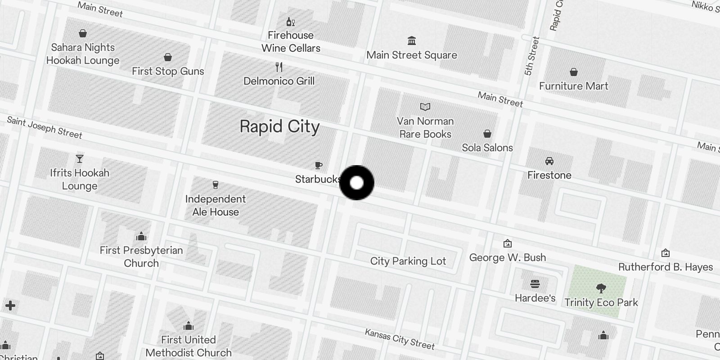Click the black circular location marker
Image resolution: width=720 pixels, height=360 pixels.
[x=356, y=183]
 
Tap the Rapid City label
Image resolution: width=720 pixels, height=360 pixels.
[x=279, y=127]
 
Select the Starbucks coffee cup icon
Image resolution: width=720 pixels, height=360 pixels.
[x=319, y=165]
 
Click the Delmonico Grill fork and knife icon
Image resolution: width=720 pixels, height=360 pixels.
[x=279, y=67]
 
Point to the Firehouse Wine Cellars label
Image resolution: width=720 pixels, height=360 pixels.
[x=291, y=42]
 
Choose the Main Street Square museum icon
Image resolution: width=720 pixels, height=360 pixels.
[x=411, y=41]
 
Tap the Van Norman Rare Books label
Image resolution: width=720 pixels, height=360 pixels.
[x=425, y=128]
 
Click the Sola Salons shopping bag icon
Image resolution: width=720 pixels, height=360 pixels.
[x=487, y=134]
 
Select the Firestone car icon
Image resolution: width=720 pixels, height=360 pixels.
[x=549, y=161]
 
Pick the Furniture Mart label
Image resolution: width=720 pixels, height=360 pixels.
[x=573, y=86]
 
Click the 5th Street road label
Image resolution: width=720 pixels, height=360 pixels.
[x=531, y=56]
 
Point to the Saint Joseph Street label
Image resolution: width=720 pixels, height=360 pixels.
[x=45, y=128]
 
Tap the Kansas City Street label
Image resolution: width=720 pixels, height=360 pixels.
[x=400, y=339]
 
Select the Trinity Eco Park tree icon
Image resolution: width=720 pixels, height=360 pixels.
[x=601, y=288]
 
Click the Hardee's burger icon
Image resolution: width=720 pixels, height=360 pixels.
[x=535, y=284]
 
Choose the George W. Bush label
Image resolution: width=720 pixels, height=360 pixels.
[x=507, y=257]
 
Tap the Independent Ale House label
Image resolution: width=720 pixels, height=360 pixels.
[x=216, y=205]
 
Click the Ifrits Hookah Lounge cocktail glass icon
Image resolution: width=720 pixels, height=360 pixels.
[x=80, y=159]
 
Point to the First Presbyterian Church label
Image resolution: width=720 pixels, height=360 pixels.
[x=141, y=256]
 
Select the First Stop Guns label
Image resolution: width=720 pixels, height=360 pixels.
[x=168, y=71]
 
